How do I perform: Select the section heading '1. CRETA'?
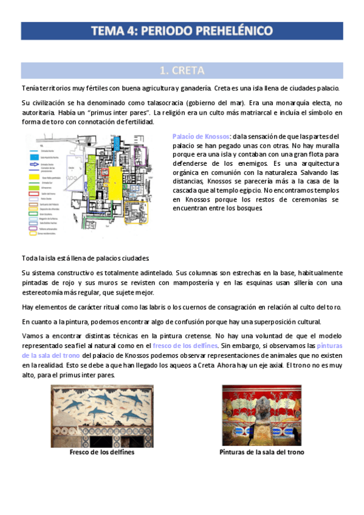(x=182, y=70)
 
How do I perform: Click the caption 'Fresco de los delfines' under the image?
(x=102, y=452)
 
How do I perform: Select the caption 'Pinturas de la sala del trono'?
(x=261, y=452)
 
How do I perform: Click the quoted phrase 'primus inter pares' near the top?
(x=116, y=112)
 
